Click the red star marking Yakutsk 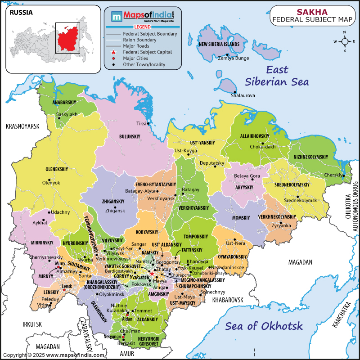[152, 273]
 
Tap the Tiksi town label [141, 123]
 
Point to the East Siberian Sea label [276, 76]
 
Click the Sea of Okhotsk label [264, 326]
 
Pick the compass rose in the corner [345, 41]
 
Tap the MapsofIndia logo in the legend [143, 17]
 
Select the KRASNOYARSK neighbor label [23, 126]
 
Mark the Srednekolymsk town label [300, 200]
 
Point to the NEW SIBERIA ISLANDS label [219, 44]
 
